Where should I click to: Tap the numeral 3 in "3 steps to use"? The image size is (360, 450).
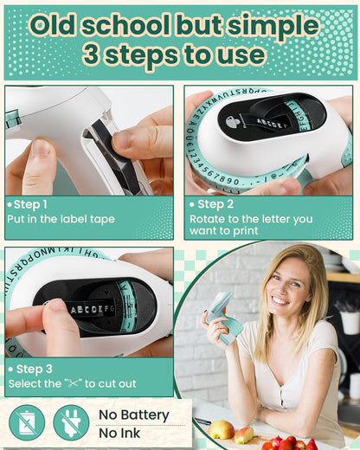92,55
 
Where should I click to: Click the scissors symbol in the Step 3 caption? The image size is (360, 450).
74,383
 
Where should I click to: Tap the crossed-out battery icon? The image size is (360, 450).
27,422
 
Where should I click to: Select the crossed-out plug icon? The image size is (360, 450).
71,422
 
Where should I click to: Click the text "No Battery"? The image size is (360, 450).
134,415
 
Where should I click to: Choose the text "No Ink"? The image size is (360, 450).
119,434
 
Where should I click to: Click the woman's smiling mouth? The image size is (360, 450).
281,300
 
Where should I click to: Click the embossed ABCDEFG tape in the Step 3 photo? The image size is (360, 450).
92,310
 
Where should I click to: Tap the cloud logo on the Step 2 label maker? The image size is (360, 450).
233,123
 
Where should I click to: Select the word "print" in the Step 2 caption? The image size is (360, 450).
245,231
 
